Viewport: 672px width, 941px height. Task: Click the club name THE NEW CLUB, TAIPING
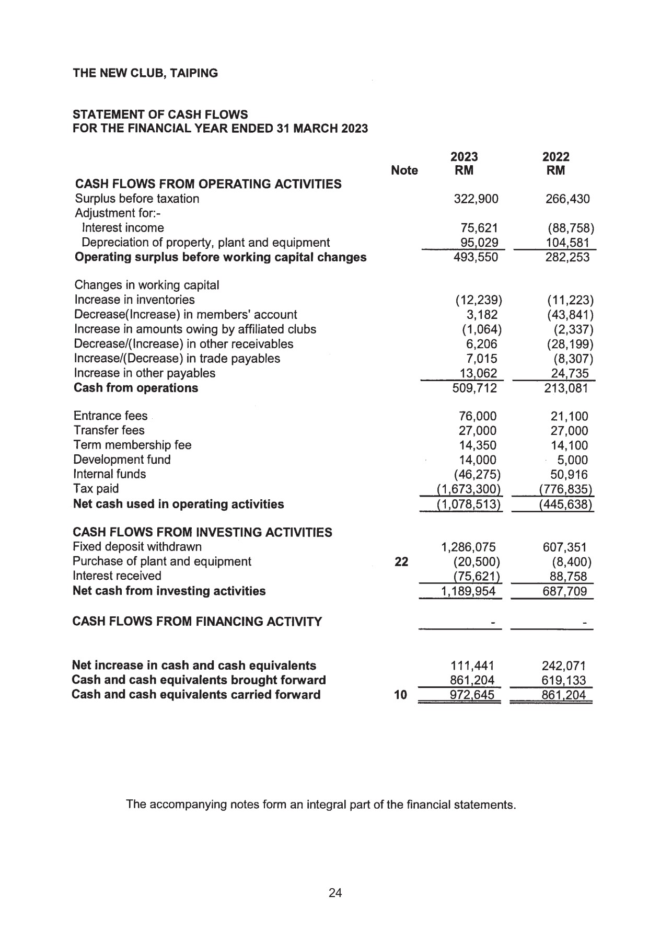coord(145,73)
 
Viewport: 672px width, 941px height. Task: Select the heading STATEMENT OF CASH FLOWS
coord(160,114)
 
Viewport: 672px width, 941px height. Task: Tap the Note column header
coord(404,170)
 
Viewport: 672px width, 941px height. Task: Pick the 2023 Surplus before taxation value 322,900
coord(476,199)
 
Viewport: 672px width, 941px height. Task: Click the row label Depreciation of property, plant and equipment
coord(205,243)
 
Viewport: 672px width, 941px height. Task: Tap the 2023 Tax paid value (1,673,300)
coord(469,489)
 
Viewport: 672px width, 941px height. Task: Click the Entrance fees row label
coord(110,416)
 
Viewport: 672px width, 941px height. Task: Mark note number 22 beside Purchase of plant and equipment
coord(401,561)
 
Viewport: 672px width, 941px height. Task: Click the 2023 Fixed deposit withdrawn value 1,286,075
coord(468,547)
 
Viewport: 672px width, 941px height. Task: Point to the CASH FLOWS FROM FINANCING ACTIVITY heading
coord(197,622)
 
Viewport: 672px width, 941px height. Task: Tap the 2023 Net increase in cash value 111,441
coord(472,665)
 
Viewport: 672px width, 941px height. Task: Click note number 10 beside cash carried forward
coord(400,695)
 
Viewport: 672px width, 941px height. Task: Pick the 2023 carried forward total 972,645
coord(472,695)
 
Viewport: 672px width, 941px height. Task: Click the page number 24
coord(335,893)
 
